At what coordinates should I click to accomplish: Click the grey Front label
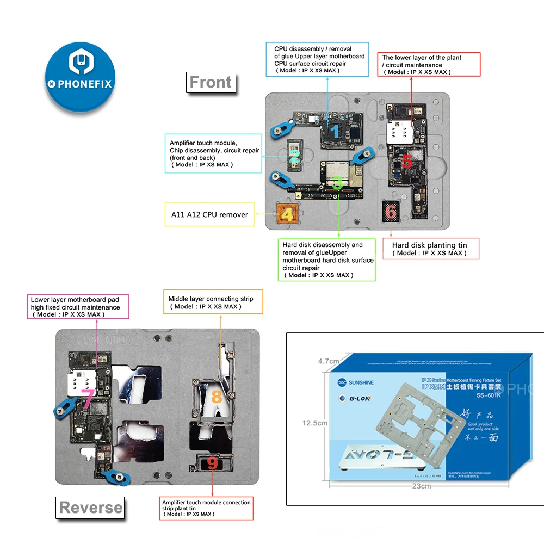pyautogui.click(x=211, y=83)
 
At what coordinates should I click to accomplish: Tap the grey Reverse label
pyautogui.click(x=90, y=508)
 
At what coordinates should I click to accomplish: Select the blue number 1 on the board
pyautogui.click(x=335, y=130)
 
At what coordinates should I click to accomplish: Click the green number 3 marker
pyautogui.click(x=337, y=183)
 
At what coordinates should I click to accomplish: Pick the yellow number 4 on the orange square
pyautogui.click(x=287, y=214)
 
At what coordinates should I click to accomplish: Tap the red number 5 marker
pyautogui.click(x=406, y=161)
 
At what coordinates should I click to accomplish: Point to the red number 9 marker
pyautogui.click(x=212, y=463)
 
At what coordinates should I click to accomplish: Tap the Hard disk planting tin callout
pyautogui.click(x=431, y=249)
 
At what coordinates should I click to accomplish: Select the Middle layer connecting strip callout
pyautogui.click(x=213, y=302)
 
